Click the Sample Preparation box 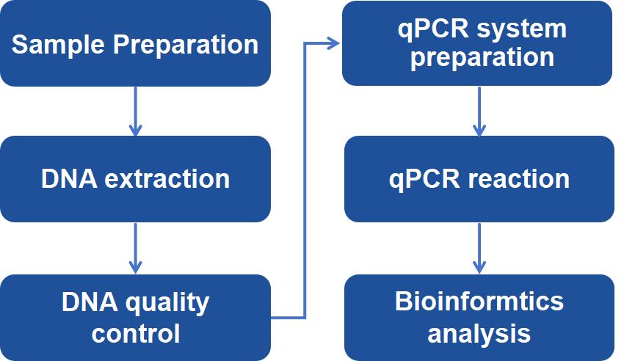pyautogui.click(x=135, y=44)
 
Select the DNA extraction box pyautogui.click(x=135, y=179)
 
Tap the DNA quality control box pyautogui.click(x=135, y=317)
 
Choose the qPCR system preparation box pyautogui.click(x=478, y=43)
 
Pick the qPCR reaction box pyautogui.click(x=479, y=179)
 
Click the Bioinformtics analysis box pyautogui.click(x=479, y=317)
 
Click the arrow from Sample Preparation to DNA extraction pyautogui.click(x=135, y=111)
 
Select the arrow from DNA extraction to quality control pyautogui.click(x=135, y=248)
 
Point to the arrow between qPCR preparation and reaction pyautogui.click(x=479, y=111)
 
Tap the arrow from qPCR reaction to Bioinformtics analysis pyautogui.click(x=479, y=248)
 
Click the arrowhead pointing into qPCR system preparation pyautogui.click(x=333, y=43)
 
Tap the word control pyautogui.click(x=135, y=333)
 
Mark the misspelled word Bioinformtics pyautogui.click(x=479, y=302)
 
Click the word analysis pyautogui.click(x=479, y=333)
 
